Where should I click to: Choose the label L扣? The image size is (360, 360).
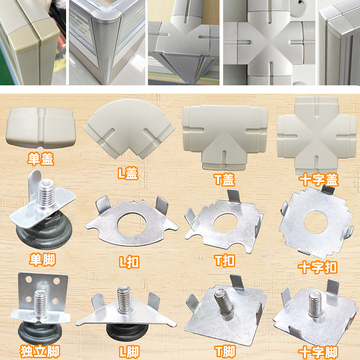click(127, 261)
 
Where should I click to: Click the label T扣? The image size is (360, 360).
click(224, 261)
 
